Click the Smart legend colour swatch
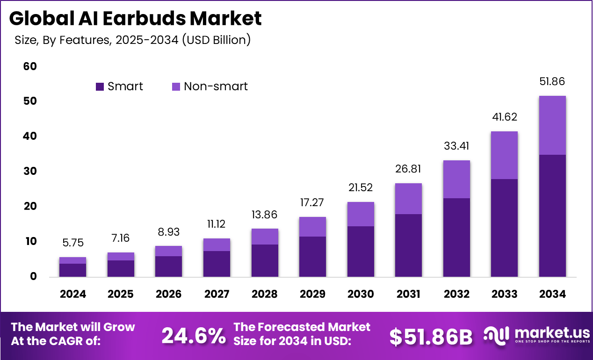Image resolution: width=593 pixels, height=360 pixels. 100,86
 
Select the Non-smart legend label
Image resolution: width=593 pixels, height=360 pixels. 216,86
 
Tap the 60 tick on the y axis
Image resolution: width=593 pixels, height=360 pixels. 30,66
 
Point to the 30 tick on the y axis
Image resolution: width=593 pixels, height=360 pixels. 30,172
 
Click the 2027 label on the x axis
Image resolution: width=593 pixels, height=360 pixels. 217,294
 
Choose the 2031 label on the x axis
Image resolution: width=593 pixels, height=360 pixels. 408,294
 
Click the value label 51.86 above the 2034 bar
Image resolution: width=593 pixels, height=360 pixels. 552,81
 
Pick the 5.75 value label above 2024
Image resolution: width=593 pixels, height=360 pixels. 72,243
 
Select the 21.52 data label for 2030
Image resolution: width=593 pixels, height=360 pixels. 361,187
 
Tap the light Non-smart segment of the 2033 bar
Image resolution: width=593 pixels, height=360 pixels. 504,155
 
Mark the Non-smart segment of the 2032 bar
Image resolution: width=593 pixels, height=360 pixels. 456,179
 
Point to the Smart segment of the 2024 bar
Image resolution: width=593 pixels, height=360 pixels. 72,270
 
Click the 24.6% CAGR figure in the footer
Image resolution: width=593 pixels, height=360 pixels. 193,336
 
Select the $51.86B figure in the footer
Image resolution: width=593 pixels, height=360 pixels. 431,337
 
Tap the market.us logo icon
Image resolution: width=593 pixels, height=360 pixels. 496,335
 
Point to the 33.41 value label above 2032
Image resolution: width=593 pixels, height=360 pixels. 456,146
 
